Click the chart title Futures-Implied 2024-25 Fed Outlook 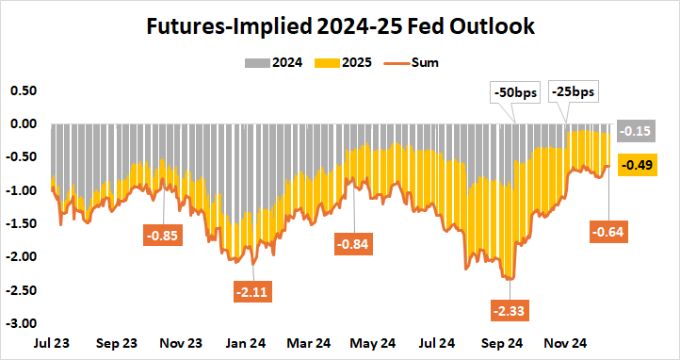(x=340, y=26)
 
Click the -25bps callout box (x=574, y=93)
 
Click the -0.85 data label (x=166, y=233)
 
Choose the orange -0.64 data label (x=608, y=231)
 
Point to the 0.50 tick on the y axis (x=23, y=90)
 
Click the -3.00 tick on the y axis (x=21, y=323)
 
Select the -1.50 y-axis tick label (x=21, y=223)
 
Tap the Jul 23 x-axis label (x=51, y=344)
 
